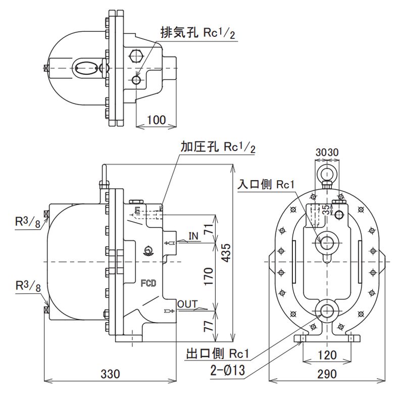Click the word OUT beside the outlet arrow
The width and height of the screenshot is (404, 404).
click(x=188, y=304)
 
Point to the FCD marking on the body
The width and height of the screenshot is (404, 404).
click(x=147, y=283)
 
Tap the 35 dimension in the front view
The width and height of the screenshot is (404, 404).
click(x=326, y=210)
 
